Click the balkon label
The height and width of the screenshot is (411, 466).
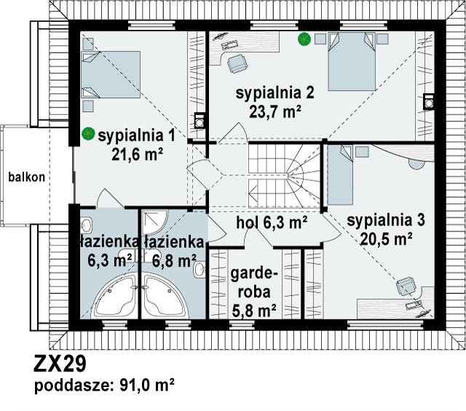tap(26, 177)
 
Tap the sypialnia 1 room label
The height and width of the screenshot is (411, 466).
tap(137, 136)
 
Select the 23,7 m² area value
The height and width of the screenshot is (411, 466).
tap(275, 112)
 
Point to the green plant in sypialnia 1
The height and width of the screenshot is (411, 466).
tap(88, 134)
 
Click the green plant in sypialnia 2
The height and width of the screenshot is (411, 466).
tap(304, 39)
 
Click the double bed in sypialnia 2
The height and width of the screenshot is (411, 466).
tap(352, 61)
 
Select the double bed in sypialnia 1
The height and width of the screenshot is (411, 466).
tap(111, 74)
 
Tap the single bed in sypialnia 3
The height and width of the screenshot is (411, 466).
tap(340, 175)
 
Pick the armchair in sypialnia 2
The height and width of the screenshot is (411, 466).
tap(237, 63)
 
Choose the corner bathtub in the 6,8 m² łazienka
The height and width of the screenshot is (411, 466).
tap(165, 297)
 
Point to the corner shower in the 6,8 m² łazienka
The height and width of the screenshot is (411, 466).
tap(154, 223)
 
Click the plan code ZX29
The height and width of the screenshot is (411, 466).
tap(60, 364)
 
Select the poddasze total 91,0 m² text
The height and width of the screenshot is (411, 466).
tap(104, 386)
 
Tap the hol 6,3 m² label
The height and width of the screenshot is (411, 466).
tap(272, 223)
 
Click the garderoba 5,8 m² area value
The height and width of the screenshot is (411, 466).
tap(254, 311)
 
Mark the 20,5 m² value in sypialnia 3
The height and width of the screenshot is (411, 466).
tap(386, 239)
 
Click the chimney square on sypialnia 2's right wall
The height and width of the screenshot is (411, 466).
tap(428, 102)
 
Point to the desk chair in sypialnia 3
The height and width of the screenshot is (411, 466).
tap(406, 286)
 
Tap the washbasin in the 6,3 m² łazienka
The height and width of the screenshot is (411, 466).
tap(86, 225)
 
